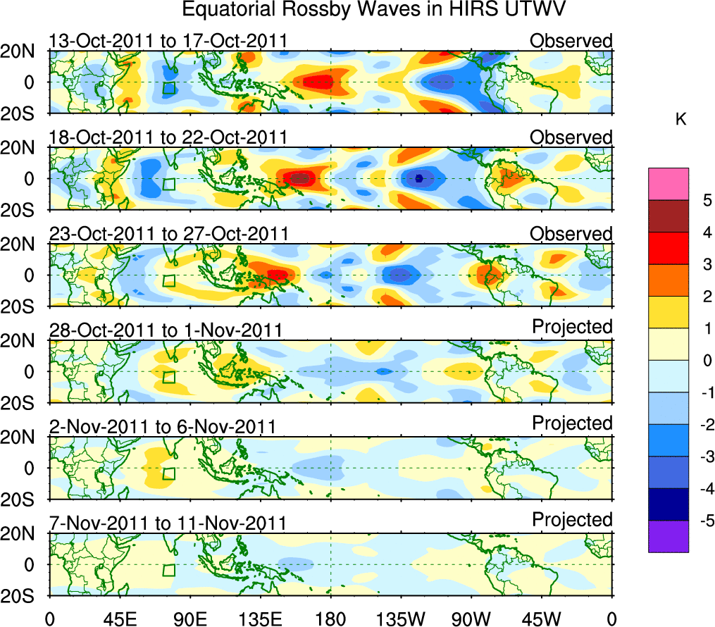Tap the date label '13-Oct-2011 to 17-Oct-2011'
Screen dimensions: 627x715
pos(168,41)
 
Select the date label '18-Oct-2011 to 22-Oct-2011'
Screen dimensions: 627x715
pos(168,137)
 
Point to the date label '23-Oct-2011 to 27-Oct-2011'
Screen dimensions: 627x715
pos(168,234)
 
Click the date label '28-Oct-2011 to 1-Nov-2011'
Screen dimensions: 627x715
pos(166,330)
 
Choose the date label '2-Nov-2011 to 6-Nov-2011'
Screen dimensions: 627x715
pos(162,427)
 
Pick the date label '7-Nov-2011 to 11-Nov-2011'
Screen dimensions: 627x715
pos(168,523)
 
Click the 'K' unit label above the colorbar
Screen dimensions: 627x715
pos(680,120)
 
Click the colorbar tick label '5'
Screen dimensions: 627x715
pos(706,200)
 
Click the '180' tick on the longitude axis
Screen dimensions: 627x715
pos(330,619)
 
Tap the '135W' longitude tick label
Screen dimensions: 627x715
pos(401,619)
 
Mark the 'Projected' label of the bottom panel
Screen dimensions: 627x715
pos(572,520)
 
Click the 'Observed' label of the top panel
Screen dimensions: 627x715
pos(571,41)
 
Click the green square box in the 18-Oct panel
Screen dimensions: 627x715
pos(168,185)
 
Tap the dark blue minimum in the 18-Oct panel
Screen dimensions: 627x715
pos(418,178)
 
